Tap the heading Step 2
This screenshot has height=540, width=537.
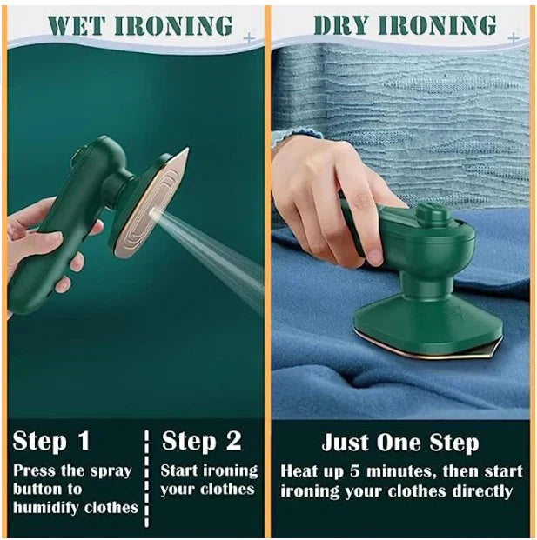click(x=201, y=441)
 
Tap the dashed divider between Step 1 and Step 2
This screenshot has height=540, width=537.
click(x=147, y=474)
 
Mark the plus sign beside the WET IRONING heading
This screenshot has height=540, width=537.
click(x=250, y=38)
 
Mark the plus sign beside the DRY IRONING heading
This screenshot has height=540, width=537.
click(x=513, y=37)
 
